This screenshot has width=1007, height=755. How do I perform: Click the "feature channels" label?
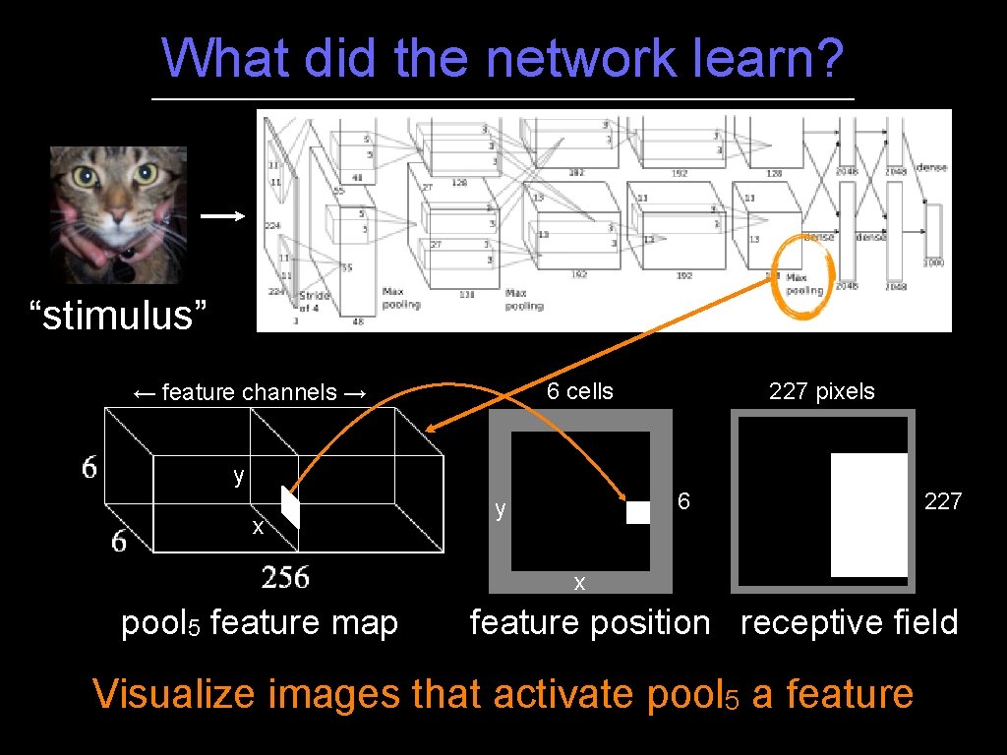(x=249, y=393)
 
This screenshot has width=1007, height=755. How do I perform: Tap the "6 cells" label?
(x=579, y=391)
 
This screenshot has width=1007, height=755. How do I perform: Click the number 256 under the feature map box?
(x=285, y=577)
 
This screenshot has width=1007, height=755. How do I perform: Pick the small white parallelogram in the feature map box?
(x=290, y=506)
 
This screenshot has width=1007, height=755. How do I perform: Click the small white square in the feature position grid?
(x=638, y=512)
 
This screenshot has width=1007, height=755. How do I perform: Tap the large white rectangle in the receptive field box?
(x=868, y=514)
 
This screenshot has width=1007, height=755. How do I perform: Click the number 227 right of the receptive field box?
(x=942, y=502)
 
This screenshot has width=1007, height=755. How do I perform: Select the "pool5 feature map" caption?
(x=259, y=623)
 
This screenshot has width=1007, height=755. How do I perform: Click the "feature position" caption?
(x=589, y=622)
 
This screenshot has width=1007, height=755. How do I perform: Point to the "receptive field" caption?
(x=849, y=622)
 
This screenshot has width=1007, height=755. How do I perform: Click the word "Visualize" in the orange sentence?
(x=179, y=694)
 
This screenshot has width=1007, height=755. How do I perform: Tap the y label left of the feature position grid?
(x=501, y=509)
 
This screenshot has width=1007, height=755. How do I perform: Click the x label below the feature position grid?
(x=579, y=583)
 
